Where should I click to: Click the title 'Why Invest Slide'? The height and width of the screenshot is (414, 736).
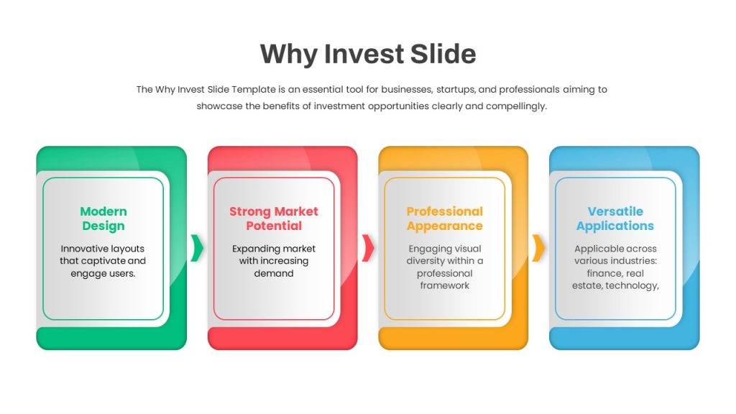[x=368, y=54]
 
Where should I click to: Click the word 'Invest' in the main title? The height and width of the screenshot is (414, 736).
[x=364, y=53]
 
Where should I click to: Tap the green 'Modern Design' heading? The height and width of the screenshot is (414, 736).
[x=103, y=218]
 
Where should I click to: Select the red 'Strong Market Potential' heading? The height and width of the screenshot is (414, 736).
[x=274, y=218]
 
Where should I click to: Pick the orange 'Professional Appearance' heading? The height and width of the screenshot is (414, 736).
[x=444, y=218]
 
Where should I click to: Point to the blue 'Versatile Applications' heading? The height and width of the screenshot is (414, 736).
[x=615, y=218]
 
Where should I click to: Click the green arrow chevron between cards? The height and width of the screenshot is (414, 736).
[x=197, y=248]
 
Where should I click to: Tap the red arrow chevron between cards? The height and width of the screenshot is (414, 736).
[x=368, y=248]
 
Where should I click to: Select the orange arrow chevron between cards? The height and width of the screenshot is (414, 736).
[x=539, y=248]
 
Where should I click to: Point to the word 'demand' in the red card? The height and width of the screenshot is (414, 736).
[x=274, y=273]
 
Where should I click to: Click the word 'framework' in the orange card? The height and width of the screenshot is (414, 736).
[x=444, y=285]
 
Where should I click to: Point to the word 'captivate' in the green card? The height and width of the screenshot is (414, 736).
[x=106, y=262]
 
